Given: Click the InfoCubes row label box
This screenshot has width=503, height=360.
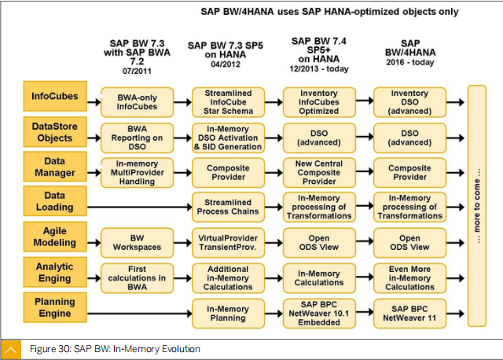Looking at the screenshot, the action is click(x=55, y=96).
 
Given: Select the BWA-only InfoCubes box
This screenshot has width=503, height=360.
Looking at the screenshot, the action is click(x=137, y=102).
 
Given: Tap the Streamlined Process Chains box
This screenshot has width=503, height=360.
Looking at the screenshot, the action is click(x=228, y=207).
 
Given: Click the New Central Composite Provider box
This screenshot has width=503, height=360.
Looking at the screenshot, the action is click(x=319, y=173).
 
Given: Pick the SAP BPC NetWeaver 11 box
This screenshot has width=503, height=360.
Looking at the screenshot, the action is click(x=409, y=314).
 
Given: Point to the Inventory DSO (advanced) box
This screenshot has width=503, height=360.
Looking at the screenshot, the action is click(x=409, y=102).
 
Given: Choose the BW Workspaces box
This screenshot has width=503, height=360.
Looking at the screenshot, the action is click(x=137, y=243).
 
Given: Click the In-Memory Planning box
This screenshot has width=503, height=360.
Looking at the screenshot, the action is click(x=228, y=314).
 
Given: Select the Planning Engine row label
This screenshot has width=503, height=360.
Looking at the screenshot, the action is click(x=55, y=307).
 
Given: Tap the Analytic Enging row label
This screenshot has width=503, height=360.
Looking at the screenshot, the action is click(x=55, y=272).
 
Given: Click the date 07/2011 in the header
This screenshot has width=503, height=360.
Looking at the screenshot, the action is click(x=137, y=71).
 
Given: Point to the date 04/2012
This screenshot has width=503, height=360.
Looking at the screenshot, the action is click(x=226, y=64).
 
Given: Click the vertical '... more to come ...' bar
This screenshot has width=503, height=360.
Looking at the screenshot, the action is click(x=477, y=206).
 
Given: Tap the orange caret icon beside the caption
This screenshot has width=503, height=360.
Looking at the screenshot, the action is click(x=11, y=350).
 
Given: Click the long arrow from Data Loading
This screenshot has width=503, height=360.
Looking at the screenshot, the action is click(x=140, y=207).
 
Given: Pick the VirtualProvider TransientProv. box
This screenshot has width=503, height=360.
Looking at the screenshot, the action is click(x=228, y=243).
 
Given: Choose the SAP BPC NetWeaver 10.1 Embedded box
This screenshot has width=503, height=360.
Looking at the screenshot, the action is click(x=319, y=314).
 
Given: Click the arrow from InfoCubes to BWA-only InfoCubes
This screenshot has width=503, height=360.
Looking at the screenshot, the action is click(x=94, y=102).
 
